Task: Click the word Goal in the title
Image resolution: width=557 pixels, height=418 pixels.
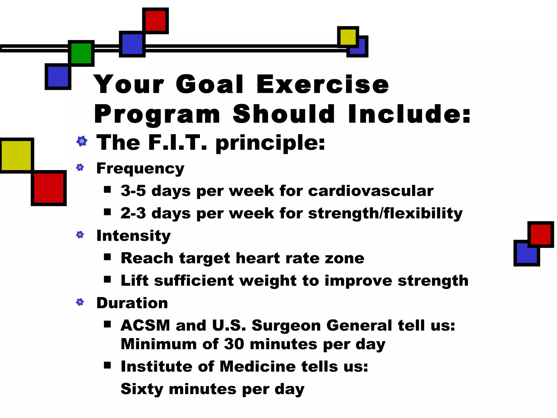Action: coord(209,84)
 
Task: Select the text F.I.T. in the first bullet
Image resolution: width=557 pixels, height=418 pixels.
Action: coord(177,143)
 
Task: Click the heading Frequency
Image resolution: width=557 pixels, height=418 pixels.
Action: coord(140,168)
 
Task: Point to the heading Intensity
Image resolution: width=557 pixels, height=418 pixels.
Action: coord(134,236)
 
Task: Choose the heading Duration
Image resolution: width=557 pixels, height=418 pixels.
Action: coord(132,303)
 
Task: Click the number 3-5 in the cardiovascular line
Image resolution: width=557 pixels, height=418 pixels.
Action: coord(133,191)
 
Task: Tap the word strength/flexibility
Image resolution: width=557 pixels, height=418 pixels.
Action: coord(385,213)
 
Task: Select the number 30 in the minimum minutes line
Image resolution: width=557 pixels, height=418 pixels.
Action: coord(234,344)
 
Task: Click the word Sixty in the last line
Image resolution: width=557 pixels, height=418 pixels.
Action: coord(142,389)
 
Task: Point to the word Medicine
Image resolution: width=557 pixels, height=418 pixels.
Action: coord(258,367)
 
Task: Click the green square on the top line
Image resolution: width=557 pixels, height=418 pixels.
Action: coord(81,53)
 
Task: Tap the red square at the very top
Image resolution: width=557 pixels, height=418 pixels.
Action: coord(155,21)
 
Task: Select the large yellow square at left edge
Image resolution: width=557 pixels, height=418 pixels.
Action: coord(16,155)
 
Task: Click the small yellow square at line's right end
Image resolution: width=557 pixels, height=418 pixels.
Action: coord(348,37)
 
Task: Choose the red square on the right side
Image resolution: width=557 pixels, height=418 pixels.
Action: coord(540,234)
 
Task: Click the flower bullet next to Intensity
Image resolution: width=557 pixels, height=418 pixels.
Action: coord(80,235)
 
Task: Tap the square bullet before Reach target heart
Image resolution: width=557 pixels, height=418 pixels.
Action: coord(107,257)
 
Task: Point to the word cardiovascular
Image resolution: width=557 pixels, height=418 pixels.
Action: coord(371,191)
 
